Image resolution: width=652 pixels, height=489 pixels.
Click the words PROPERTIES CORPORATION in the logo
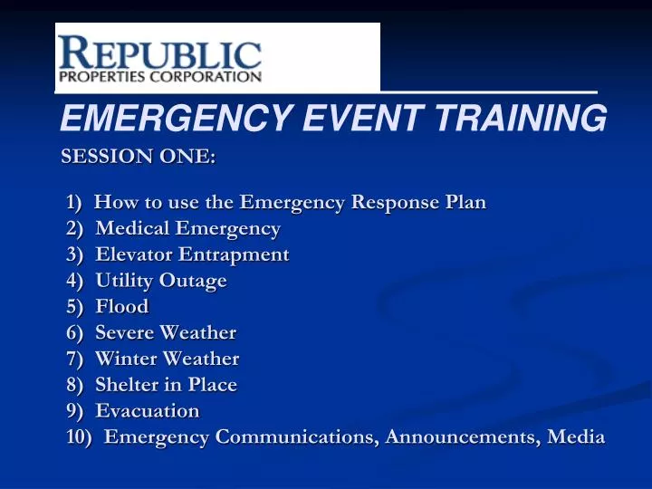(x=160, y=77)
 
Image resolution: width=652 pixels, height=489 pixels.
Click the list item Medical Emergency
(x=187, y=228)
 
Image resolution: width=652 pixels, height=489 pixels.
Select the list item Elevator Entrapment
(x=192, y=254)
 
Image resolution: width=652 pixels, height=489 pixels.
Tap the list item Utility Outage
(x=161, y=281)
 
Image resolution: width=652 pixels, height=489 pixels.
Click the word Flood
(x=122, y=307)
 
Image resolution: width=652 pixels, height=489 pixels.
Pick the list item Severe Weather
(x=166, y=333)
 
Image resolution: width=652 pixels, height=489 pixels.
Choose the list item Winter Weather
(x=168, y=360)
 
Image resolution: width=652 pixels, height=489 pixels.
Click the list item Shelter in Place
(x=166, y=385)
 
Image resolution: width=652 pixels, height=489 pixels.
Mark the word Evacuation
(x=148, y=411)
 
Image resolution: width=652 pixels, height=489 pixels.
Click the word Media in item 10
(x=577, y=437)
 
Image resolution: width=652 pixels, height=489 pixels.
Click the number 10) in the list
(x=80, y=437)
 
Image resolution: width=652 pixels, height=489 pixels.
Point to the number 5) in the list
(x=74, y=307)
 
